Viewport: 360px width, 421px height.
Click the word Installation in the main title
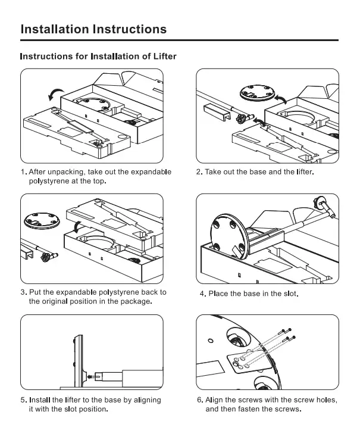tap(55, 29)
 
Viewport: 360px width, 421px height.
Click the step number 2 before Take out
tap(199, 172)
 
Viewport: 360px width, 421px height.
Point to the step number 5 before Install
tap(23, 400)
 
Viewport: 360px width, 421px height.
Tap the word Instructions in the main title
tap(130, 29)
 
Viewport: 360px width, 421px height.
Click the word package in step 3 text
tap(135, 301)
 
